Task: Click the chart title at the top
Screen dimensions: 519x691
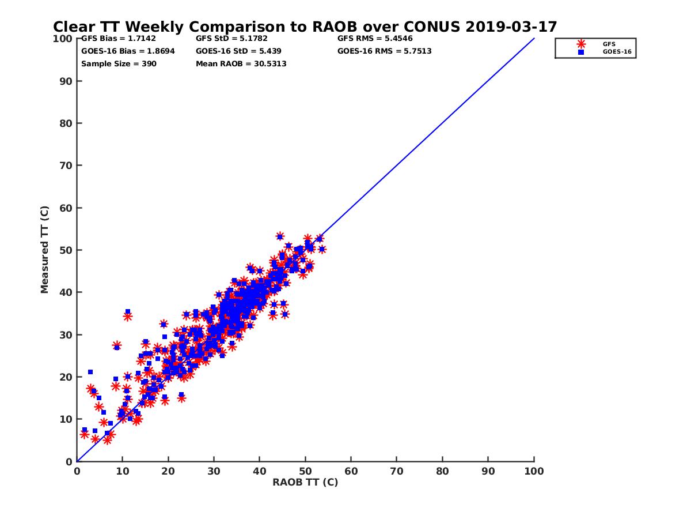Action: (305, 27)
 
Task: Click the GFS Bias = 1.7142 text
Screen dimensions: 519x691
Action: (119, 39)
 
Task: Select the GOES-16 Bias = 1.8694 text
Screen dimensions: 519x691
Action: (128, 51)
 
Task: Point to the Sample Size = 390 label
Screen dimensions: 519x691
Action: (119, 63)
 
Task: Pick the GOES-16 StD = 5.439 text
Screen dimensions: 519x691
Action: (238, 51)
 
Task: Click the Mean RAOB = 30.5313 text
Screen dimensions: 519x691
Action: (241, 63)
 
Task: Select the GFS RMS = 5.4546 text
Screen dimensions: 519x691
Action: (375, 39)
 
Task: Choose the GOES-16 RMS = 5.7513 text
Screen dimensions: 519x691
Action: (384, 51)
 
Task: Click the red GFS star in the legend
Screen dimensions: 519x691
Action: (581, 44)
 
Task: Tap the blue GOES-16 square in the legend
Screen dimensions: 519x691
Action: (581, 52)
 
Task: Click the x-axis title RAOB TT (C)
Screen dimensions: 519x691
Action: (305, 482)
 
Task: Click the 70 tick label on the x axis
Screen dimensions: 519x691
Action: (397, 471)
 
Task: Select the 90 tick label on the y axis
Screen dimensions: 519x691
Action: (66, 81)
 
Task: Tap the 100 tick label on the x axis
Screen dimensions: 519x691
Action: (534, 471)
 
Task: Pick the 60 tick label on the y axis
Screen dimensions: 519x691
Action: (66, 208)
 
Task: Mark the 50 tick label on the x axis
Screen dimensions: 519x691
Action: (305, 471)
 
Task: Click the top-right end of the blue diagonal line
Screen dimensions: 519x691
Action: (534, 39)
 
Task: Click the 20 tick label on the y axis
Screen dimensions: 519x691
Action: (66, 377)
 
